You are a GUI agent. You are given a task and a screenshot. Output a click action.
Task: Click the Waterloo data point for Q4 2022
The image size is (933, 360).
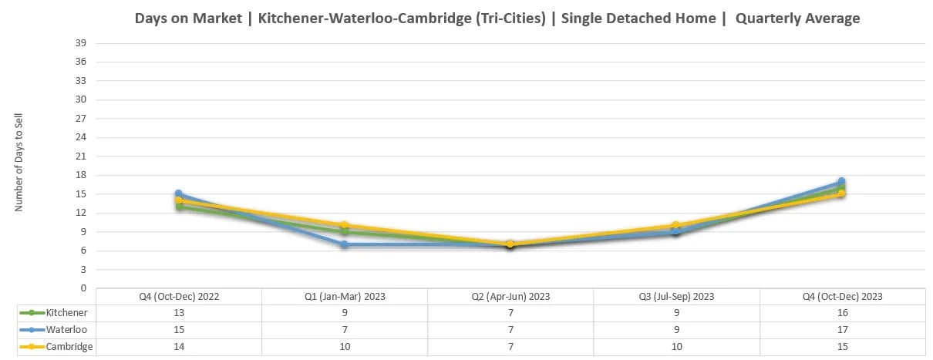179,194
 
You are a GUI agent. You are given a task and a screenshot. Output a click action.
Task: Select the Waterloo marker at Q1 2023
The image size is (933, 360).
345,244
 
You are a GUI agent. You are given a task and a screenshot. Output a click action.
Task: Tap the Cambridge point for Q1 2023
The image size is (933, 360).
345,225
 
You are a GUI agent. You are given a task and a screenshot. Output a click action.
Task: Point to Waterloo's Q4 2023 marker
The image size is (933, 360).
841,182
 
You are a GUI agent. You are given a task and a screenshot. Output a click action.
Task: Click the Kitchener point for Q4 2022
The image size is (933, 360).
179,207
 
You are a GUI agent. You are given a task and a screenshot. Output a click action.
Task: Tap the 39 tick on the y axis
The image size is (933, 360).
80,43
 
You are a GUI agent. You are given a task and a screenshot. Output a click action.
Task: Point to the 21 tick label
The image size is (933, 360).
80,156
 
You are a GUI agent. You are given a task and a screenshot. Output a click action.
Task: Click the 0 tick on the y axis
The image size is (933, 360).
83,288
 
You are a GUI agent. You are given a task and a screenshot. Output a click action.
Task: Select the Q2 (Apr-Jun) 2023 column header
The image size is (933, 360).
510,297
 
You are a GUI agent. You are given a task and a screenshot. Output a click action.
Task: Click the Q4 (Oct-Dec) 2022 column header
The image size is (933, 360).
179,297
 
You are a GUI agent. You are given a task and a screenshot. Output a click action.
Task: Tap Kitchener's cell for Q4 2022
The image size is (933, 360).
179,313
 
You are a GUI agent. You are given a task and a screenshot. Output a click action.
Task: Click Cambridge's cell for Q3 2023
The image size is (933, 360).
676,347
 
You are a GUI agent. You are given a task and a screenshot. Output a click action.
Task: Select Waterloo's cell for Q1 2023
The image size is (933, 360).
345,330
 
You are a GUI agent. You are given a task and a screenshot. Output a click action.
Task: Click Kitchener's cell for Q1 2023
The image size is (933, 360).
345,313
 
